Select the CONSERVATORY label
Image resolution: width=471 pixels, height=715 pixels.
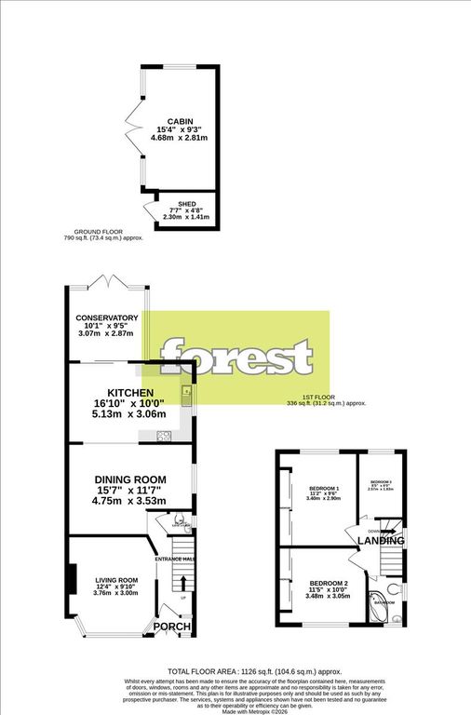pos(108,317)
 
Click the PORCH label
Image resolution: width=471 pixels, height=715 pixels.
pos(171,627)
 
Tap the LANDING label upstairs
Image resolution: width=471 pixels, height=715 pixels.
pos(383,540)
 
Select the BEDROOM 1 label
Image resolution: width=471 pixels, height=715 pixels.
pos(324,489)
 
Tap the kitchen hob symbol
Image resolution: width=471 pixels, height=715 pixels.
pos(164,435)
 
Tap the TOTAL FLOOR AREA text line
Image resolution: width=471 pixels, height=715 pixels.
pos(241,671)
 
